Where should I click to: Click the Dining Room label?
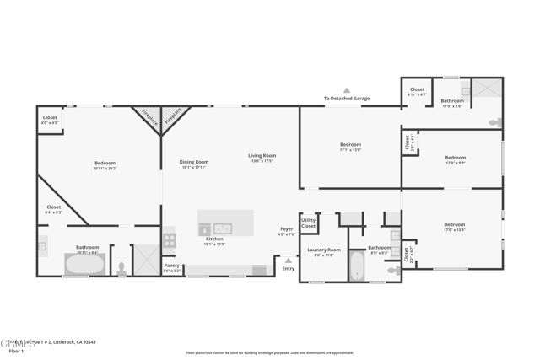tap(195, 162)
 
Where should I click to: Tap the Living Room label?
tap(262, 155)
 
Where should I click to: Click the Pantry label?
tap(171, 265)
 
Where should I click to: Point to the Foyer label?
tap(286, 229)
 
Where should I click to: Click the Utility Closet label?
tap(308, 223)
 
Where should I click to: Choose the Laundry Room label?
tap(323, 250)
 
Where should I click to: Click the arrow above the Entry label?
tap(289, 259)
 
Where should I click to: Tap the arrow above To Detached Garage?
tap(346, 89)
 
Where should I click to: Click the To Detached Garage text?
tap(346, 99)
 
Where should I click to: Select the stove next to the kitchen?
tap(169, 239)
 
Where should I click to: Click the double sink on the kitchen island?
tap(223, 228)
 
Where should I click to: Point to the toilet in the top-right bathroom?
tap(494, 123)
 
